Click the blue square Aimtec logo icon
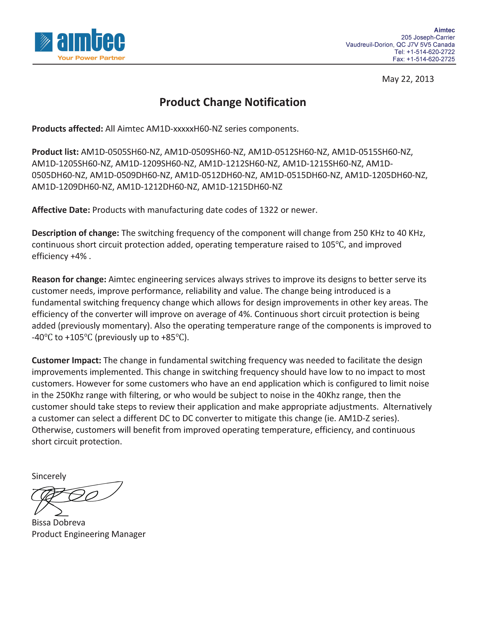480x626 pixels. click(x=44, y=42)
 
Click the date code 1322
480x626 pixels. click(x=269, y=210)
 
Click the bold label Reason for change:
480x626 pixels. click(x=69, y=279)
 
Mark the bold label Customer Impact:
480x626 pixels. click(x=66, y=361)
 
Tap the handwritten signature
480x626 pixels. click(x=74, y=497)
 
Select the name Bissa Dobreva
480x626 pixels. click(x=58, y=522)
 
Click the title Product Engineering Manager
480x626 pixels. click(x=89, y=534)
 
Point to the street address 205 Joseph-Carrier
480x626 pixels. click(x=428, y=37)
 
